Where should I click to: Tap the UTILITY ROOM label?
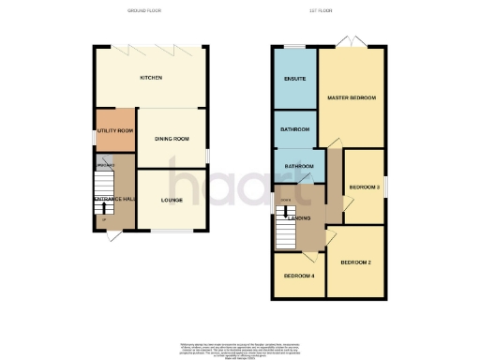point(115,130)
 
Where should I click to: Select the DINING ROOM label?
point(172,139)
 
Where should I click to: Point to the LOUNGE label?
point(172,200)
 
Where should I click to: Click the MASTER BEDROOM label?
point(352,97)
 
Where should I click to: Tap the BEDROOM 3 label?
point(364,187)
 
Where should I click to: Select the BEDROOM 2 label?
point(356,262)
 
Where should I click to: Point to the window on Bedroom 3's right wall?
point(385,187)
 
